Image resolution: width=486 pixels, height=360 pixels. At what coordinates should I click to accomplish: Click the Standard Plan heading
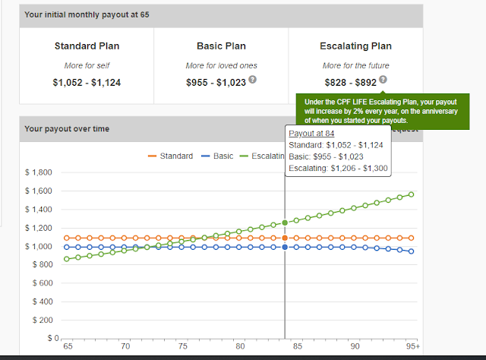pyautogui.click(x=87, y=46)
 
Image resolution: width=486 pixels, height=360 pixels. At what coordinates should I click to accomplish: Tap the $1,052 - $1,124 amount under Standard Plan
pyautogui.click(x=87, y=81)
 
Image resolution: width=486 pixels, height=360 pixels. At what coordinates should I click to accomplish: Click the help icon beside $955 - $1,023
pyautogui.click(x=251, y=81)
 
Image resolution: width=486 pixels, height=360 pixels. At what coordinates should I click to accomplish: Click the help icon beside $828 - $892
pyautogui.click(x=383, y=80)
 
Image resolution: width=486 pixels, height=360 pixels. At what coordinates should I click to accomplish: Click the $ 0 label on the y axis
pyautogui.click(x=46, y=338)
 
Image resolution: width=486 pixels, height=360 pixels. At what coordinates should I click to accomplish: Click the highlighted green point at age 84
pyautogui.click(x=285, y=223)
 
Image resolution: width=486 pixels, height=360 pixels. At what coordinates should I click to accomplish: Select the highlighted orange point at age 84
pyautogui.click(x=285, y=238)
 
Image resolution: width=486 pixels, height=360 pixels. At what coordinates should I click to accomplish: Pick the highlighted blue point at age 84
pyautogui.click(x=285, y=247)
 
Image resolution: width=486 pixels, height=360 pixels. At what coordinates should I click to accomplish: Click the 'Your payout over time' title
pyautogui.click(x=67, y=129)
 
